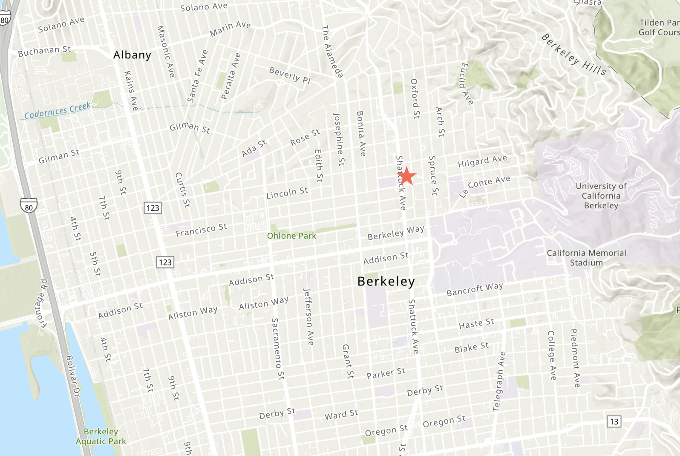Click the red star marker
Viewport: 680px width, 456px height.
point(407,176)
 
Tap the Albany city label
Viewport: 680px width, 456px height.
point(132,55)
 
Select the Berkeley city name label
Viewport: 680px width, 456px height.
point(386,281)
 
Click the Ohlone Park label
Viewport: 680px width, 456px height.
point(291,236)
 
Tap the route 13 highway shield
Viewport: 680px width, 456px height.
point(614,421)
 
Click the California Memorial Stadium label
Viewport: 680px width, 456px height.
point(586,258)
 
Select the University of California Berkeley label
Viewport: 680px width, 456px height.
point(601,196)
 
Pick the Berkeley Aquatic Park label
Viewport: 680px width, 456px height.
point(101,436)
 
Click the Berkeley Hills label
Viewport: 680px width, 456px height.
point(573,55)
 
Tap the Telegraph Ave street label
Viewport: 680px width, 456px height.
point(499,381)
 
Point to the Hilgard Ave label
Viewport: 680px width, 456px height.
point(482,161)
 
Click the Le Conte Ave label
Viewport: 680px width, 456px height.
point(484,186)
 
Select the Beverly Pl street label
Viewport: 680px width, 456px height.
point(290,75)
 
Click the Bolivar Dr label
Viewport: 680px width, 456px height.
point(73,376)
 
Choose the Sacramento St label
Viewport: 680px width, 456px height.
point(278,349)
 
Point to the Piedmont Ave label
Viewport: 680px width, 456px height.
point(575,358)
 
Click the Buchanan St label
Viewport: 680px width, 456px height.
point(44,51)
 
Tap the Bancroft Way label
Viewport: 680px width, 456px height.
point(475,289)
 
